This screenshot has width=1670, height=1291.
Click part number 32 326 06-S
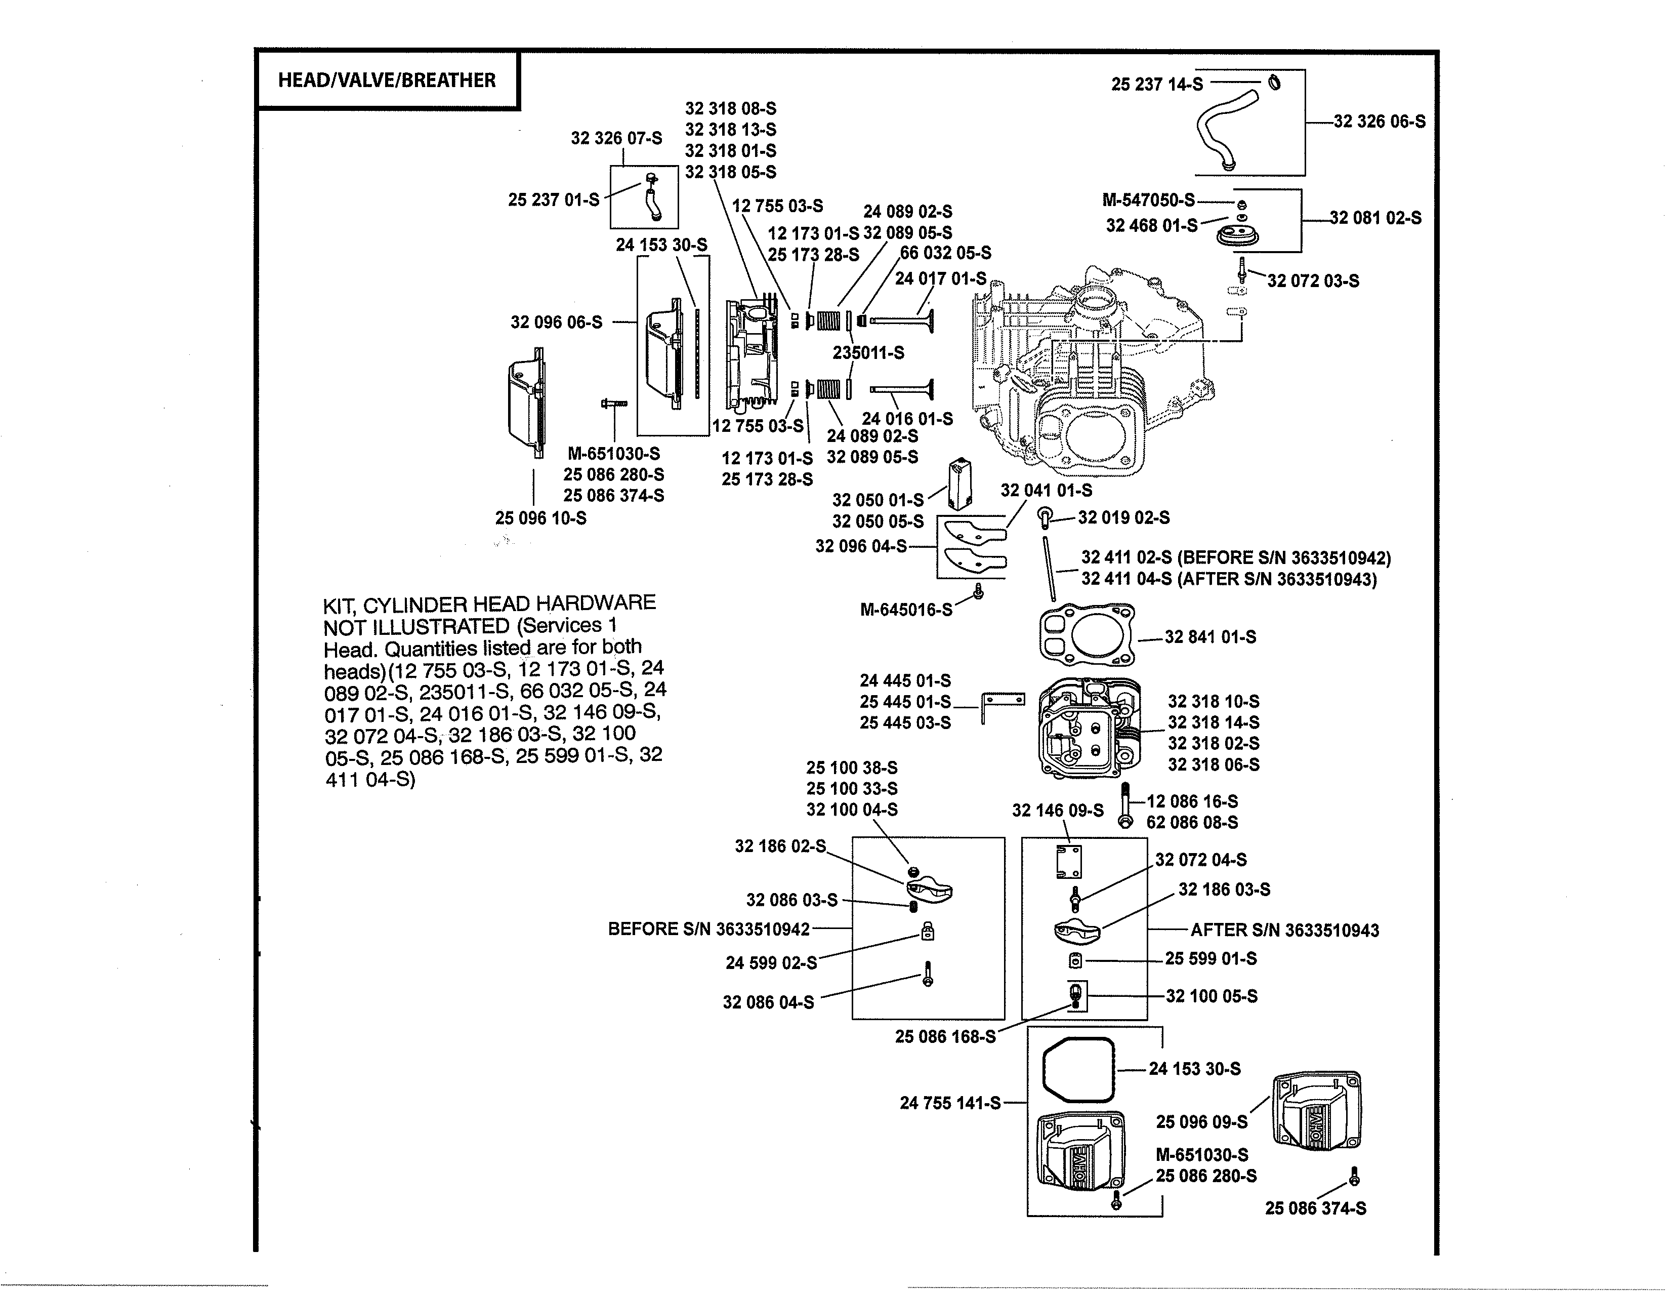coord(1380,122)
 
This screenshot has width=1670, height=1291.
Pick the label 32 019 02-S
coord(1123,518)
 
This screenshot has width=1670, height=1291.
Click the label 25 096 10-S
coord(540,518)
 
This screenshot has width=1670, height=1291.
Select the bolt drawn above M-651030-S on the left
coord(613,402)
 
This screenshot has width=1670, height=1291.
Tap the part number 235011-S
coord(868,352)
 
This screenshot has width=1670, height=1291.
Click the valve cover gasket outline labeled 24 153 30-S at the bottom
coord(1078,1069)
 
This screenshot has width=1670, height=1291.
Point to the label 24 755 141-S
coord(950,1103)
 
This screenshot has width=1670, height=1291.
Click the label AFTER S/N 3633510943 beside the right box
coord(1284,930)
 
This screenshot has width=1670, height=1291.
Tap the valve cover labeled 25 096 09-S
coord(1315,1110)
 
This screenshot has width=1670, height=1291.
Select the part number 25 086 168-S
coord(945,1036)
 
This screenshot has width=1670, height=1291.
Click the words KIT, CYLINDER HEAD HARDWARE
coord(489,603)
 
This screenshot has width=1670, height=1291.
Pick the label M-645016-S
coord(906,610)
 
